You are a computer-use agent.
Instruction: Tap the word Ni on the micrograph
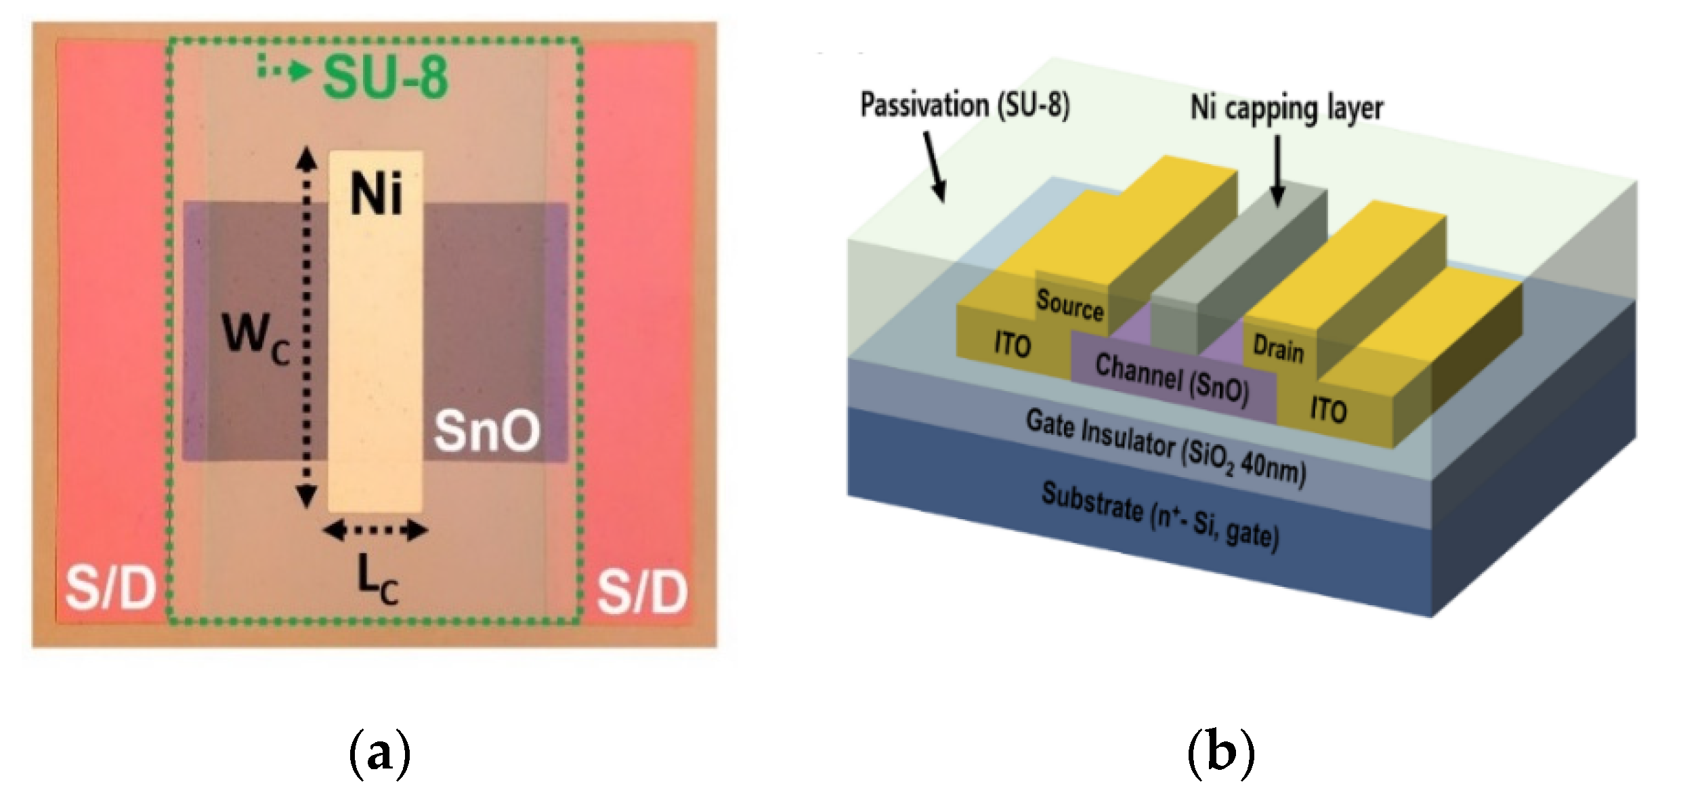coord(376,194)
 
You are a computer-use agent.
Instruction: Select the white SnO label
coord(487,431)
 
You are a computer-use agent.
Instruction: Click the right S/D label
coord(641,592)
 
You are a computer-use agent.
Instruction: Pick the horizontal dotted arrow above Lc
coord(376,531)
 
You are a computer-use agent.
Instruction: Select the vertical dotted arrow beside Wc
coord(307,327)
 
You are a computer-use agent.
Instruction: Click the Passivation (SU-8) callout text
coord(964,106)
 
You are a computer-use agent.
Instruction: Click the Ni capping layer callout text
coord(1286,108)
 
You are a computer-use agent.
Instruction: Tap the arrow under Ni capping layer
coord(1277,169)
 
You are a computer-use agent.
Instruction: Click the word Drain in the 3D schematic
coord(1278,349)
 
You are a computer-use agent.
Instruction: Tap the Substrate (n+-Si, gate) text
coord(1159,516)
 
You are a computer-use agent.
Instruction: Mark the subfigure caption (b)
coord(1220,753)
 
